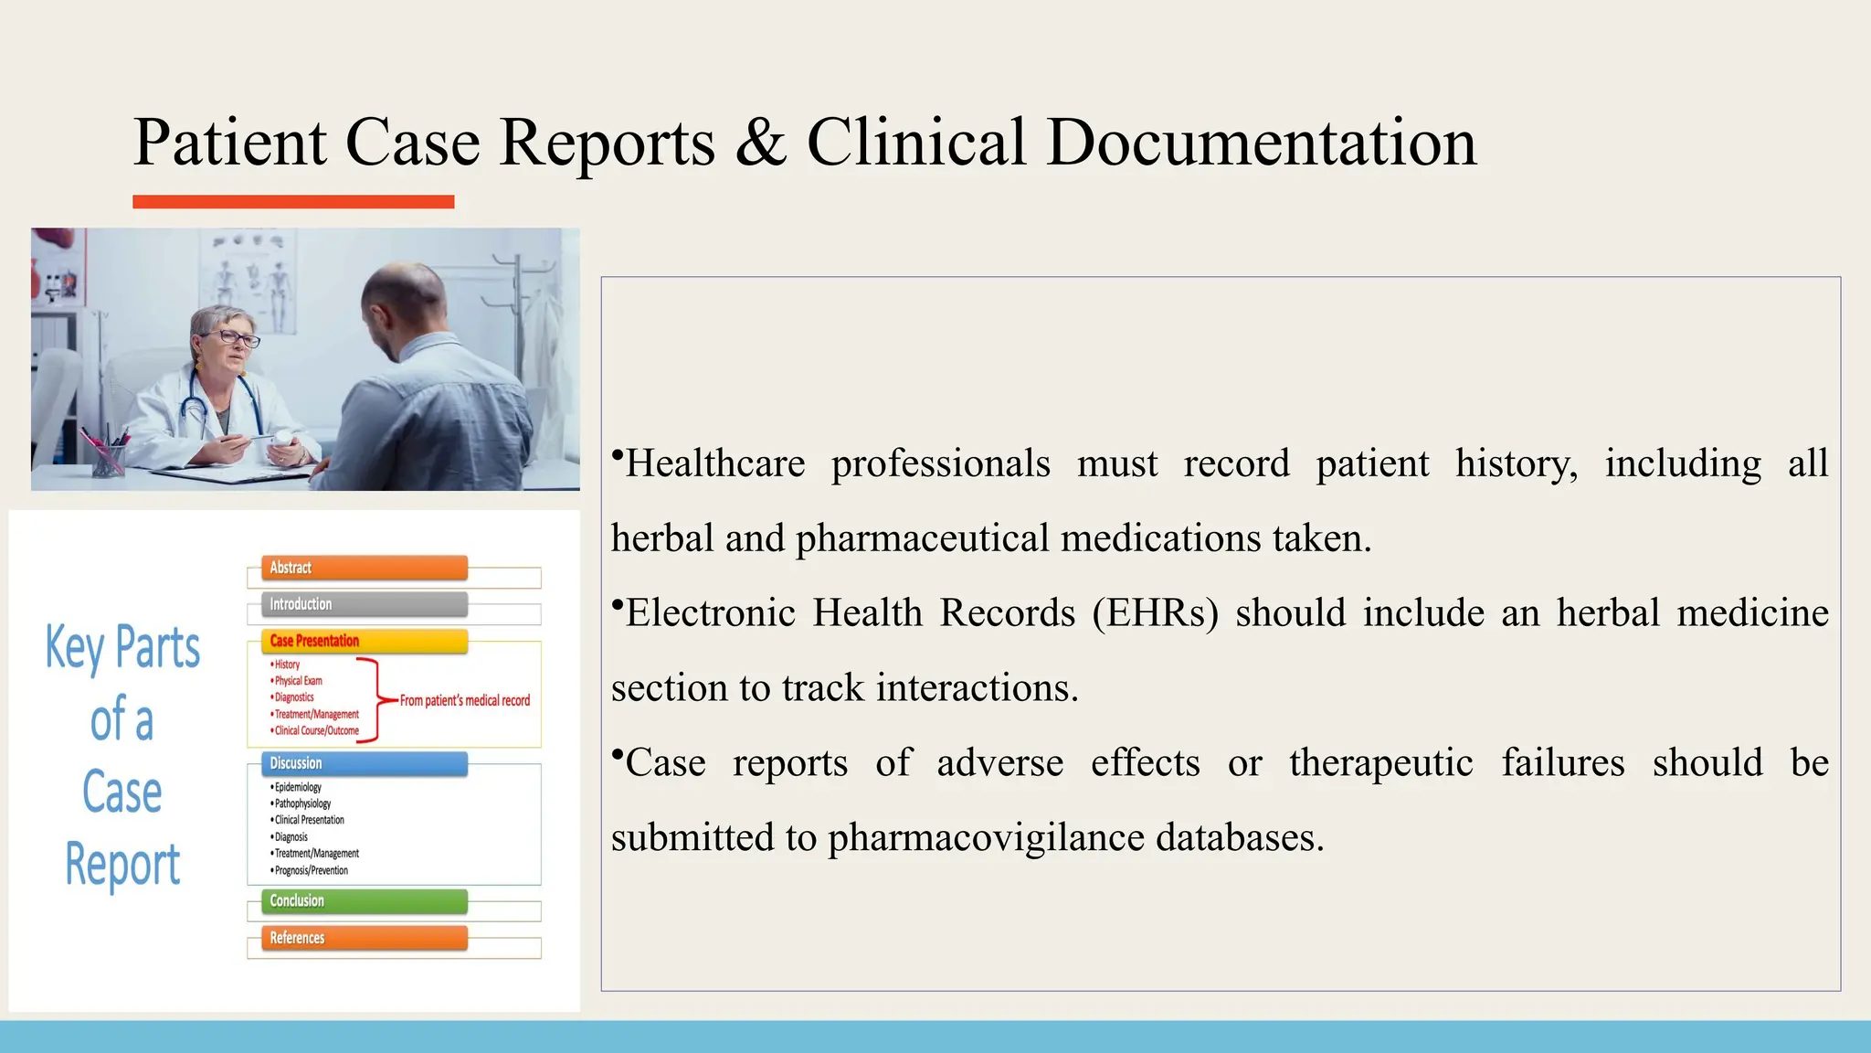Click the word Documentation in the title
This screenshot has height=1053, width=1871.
coord(1261,143)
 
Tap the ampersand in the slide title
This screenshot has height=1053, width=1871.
coord(760,143)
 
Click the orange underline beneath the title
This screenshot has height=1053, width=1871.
coord(293,202)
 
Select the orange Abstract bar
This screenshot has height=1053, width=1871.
coord(364,568)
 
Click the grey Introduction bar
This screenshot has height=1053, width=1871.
coord(364,604)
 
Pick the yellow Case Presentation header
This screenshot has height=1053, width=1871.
coord(364,641)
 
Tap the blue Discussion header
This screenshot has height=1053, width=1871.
coord(364,763)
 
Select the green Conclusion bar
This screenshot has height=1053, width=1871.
coord(364,900)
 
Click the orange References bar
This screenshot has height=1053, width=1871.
coord(364,938)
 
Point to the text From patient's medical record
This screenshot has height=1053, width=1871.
coord(464,701)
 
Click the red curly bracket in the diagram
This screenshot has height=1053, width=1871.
coord(375,699)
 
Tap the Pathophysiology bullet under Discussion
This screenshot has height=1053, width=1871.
coord(302,803)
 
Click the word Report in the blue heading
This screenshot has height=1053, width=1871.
coord(122,864)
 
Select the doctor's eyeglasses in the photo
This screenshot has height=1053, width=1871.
coord(236,339)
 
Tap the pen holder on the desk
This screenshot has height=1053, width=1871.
coord(108,460)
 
